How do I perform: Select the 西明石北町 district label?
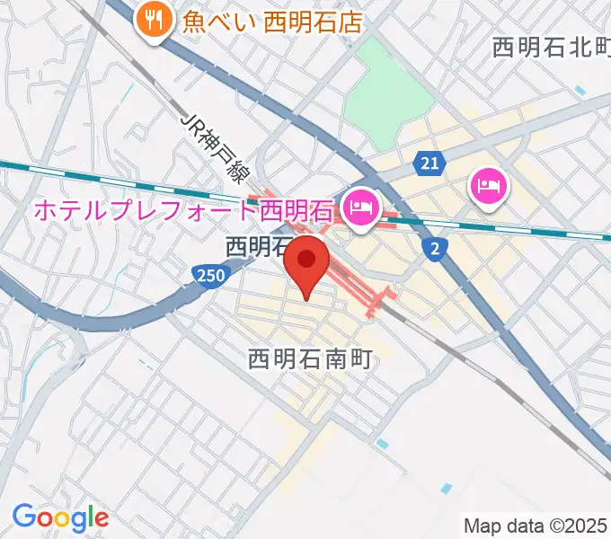(x=551, y=48)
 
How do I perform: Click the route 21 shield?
(x=430, y=163)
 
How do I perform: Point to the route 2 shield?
(x=436, y=250)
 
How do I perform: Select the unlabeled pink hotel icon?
(x=488, y=187)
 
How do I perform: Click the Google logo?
(x=60, y=517)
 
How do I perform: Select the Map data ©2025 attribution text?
(x=536, y=526)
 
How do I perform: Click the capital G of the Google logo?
(x=24, y=517)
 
